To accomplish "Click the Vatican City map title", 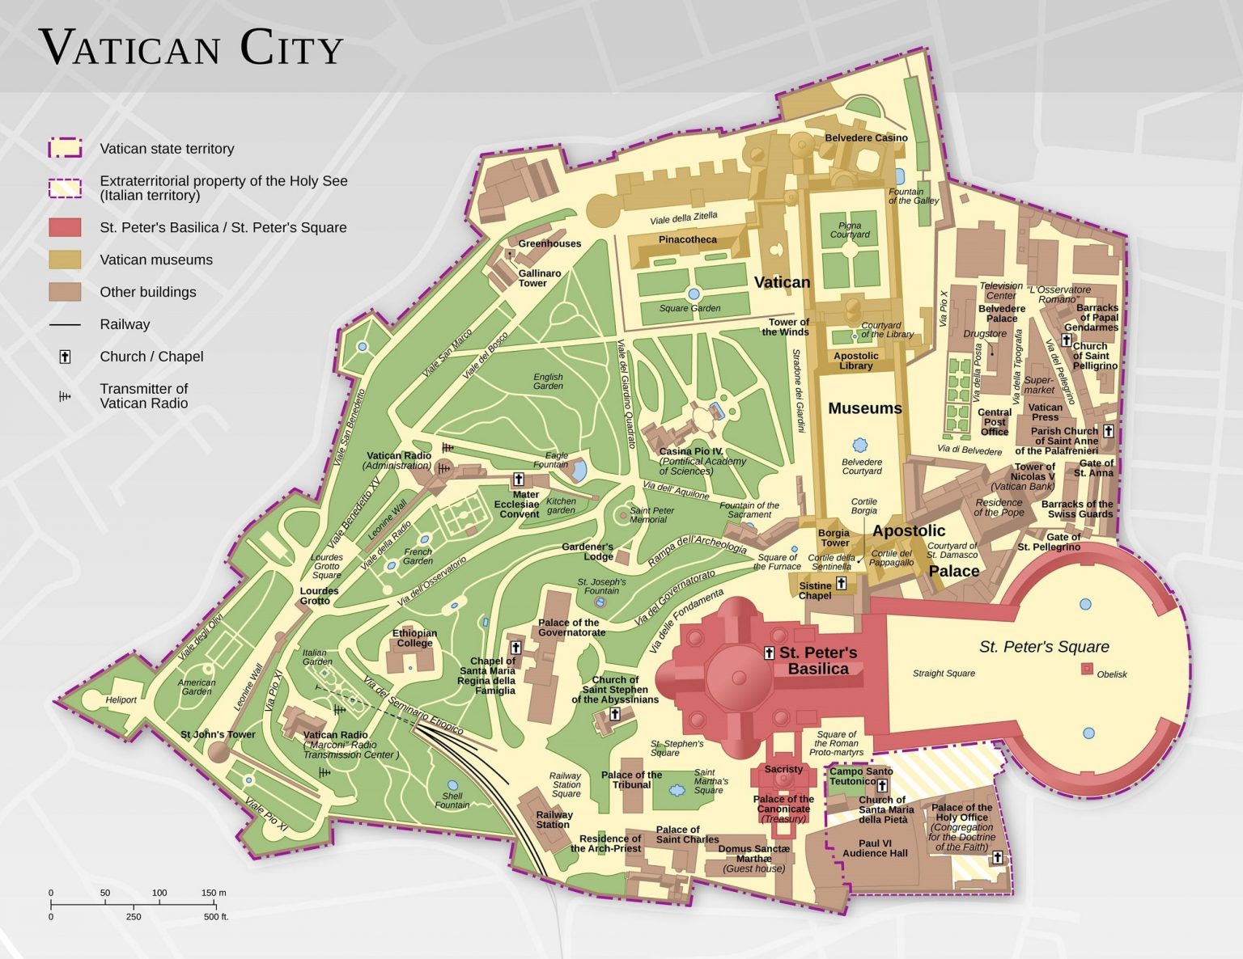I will pyautogui.click(x=192, y=48).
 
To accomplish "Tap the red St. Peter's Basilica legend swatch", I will pyautogui.click(x=65, y=227).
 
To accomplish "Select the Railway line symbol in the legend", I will pyautogui.click(x=65, y=324).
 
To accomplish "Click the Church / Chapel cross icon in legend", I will pyautogui.click(x=65, y=357).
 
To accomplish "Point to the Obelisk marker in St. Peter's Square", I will pyautogui.click(x=1088, y=669).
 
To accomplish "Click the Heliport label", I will pyautogui.click(x=121, y=700).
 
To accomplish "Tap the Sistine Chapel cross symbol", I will pyautogui.click(x=842, y=583).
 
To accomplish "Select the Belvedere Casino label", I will pyautogui.click(x=866, y=138).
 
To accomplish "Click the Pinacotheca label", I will pyautogui.click(x=687, y=239).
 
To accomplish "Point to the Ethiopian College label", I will pyautogui.click(x=414, y=638).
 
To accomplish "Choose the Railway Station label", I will pyautogui.click(x=554, y=819).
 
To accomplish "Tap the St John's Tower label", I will pyautogui.click(x=218, y=734).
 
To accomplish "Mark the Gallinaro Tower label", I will pyautogui.click(x=539, y=278).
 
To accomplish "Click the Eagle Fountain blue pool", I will pyautogui.click(x=579, y=470).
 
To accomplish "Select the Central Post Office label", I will pyautogui.click(x=995, y=421).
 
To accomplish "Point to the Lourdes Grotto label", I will pyautogui.click(x=319, y=595).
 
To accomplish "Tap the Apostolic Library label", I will pyautogui.click(x=855, y=361).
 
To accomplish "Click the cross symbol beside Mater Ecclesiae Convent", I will pyautogui.click(x=519, y=479).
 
